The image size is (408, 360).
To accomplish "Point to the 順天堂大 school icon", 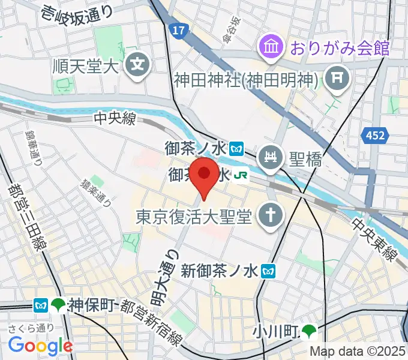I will pos(138,62).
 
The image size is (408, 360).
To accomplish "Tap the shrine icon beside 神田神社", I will pos(334,76).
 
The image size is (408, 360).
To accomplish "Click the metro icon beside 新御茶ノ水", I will pos(268,271).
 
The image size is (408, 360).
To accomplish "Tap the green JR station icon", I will pos(242,176).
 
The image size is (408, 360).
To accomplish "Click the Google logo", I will pos(40,345).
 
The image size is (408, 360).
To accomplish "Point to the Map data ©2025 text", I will pos(357,352).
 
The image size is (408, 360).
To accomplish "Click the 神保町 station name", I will pos(91,305).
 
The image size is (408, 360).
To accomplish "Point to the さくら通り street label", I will pos(32,327).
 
